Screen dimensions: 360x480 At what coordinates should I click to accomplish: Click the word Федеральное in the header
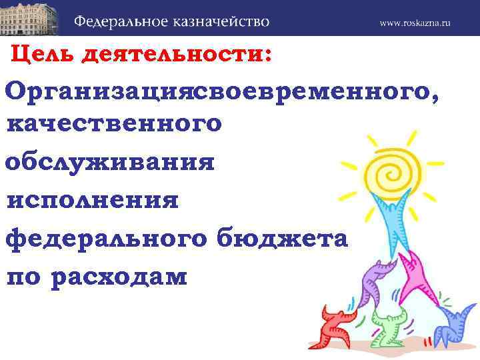click(123, 21)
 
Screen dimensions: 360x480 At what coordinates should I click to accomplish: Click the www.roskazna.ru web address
click(415, 23)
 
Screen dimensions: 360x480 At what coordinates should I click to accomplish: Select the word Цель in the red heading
click(43, 55)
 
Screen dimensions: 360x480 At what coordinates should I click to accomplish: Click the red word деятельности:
click(176, 55)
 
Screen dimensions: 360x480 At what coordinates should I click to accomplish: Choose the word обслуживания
click(110, 162)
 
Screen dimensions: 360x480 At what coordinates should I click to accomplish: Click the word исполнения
click(93, 200)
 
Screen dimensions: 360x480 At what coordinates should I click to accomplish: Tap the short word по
click(25, 276)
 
